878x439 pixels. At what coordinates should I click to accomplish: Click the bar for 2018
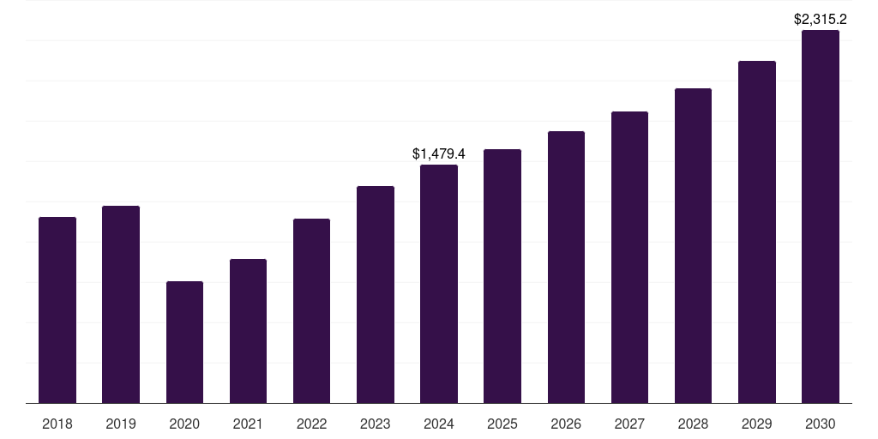tap(57, 310)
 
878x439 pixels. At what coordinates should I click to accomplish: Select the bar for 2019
tap(121, 304)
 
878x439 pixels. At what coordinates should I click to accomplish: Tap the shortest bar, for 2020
tap(184, 342)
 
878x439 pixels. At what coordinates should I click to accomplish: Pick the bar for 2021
tap(248, 331)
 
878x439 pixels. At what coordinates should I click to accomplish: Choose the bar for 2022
tap(311, 310)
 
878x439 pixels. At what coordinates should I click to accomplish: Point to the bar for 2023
tap(376, 294)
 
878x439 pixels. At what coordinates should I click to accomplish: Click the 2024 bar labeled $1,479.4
tap(439, 284)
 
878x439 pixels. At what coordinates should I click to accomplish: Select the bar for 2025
tap(502, 276)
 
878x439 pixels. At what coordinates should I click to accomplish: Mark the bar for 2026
tap(566, 267)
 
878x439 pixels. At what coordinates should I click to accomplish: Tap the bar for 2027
tap(629, 257)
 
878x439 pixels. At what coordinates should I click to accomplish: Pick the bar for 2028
tap(693, 245)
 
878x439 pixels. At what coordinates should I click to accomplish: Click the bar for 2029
tap(756, 232)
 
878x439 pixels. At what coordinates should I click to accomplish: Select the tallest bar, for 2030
tap(821, 216)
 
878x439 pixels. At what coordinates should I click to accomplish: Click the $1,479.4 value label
tap(439, 153)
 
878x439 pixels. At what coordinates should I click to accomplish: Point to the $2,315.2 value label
tap(821, 19)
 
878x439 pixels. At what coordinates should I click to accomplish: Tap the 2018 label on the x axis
tap(57, 424)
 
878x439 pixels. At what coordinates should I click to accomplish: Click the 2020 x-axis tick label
tap(184, 424)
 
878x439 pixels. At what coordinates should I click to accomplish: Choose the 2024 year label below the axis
tap(439, 424)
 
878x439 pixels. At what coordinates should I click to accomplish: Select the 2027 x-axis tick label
tap(629, 424)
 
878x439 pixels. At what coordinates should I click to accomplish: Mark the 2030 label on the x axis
tap(821, 424)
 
